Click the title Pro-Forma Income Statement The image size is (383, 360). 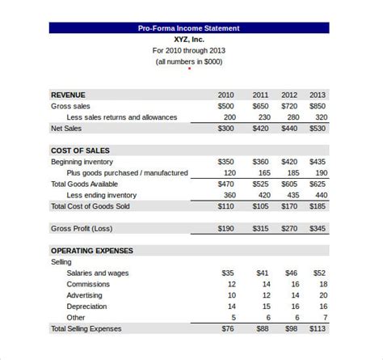point(189,28)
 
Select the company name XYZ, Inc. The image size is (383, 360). point(189,39)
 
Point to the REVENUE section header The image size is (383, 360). point(68,95)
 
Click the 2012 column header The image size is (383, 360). point(289,95)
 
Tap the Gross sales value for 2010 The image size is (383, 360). point(225,106)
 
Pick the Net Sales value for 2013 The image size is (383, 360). point(317,128)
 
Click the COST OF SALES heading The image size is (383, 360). point(80,150)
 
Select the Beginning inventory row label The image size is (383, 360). point(82,162)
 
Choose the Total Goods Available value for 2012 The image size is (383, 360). point(289,184)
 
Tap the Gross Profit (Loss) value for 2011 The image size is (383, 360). point(259,229)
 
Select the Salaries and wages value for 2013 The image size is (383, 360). point(319,273)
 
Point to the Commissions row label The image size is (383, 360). point(89,285)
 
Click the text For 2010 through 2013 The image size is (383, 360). point(189,50)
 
